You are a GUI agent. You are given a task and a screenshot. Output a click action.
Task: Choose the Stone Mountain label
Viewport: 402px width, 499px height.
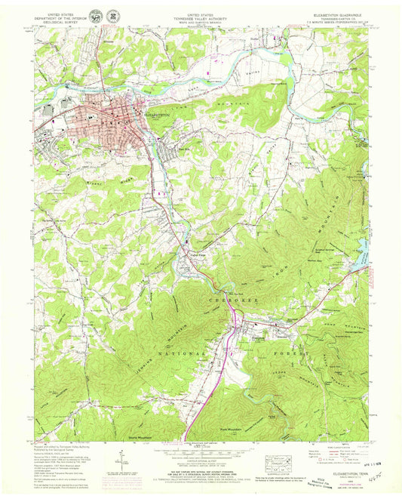[131, 436]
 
